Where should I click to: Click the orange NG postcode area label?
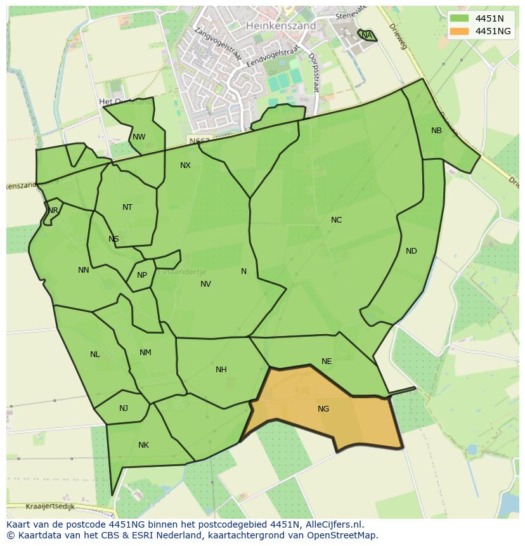pos(323,409)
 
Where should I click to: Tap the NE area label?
pos(327,361)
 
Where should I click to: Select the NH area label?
pos(221,370)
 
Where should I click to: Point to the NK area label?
pos(143,445)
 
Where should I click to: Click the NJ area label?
pos(123,408)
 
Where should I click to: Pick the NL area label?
pos(94,354)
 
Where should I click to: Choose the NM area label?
pos(145,353)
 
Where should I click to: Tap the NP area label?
pos(141,275)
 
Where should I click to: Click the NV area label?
pos(205,284)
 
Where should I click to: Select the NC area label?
pos(336,220)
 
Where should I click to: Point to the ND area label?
pos(412,251)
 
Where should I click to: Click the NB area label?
pos(436,131)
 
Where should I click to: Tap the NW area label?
pos(139,137)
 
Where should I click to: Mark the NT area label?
pos(127,207)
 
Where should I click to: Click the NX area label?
pos(185,166)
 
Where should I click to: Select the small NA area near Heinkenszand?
pos(366,36)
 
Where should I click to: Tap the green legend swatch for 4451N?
pos(459,18)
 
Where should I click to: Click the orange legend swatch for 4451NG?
pos(459,31)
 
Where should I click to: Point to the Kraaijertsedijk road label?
pos(51,506)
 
